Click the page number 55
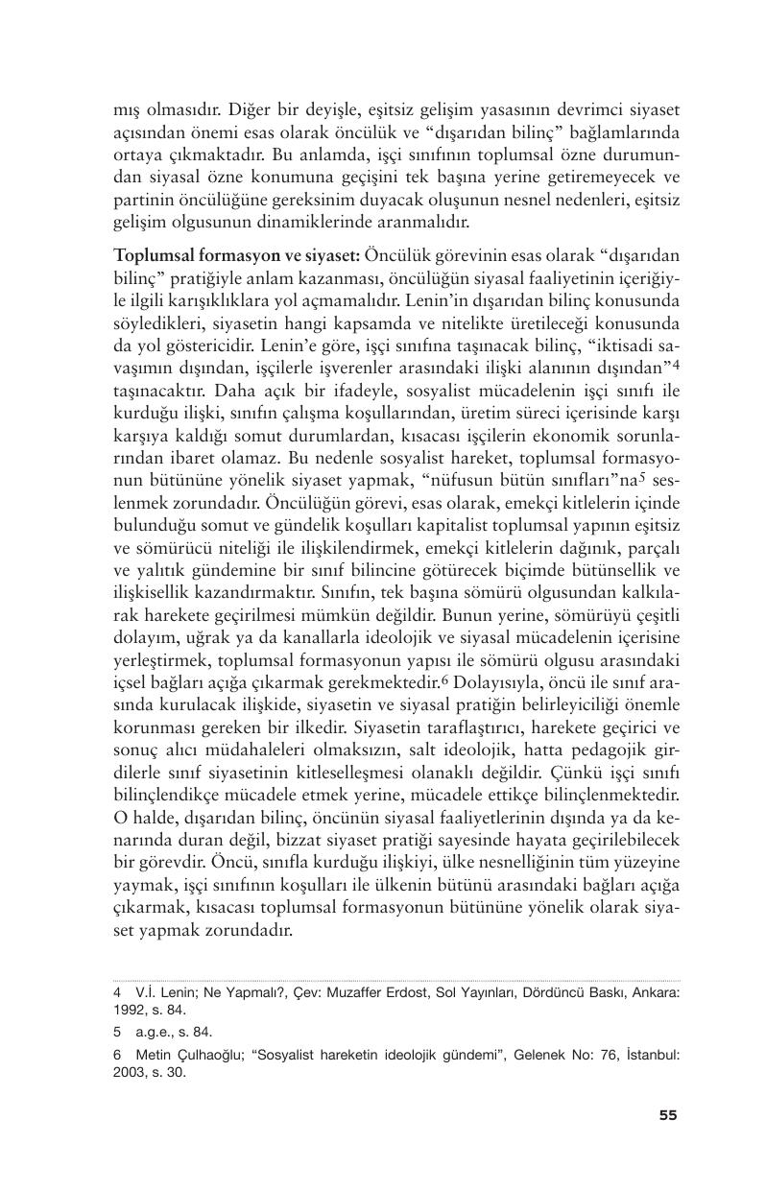[668, 1115]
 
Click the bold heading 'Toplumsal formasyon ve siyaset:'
[236, 255]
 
